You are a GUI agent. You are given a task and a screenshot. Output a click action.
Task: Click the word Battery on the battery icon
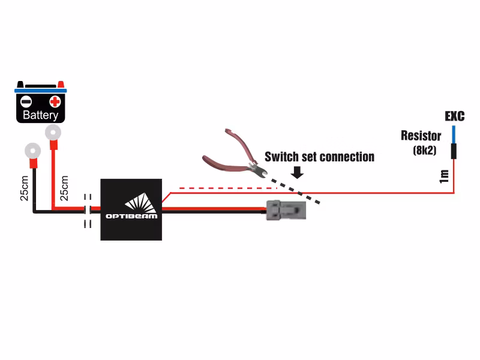tap(40, 115)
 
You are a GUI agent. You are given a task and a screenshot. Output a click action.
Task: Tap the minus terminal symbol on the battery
tap(26, 101)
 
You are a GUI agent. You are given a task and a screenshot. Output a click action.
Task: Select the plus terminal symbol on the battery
tap(55, 101)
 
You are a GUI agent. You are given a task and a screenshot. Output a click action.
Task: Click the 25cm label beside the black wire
tap(24, 188)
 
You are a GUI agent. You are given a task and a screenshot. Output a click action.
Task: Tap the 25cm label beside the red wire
tap(64, 188)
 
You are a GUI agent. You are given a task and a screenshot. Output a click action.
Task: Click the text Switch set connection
tap(319, 157)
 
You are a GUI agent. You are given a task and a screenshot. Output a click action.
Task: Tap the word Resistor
tap(421, 136)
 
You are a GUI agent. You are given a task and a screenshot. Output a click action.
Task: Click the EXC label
tap(454, 116)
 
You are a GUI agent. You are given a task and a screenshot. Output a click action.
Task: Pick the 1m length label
tap(444, 176)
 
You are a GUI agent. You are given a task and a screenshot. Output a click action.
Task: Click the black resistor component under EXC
tap(454, 151)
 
